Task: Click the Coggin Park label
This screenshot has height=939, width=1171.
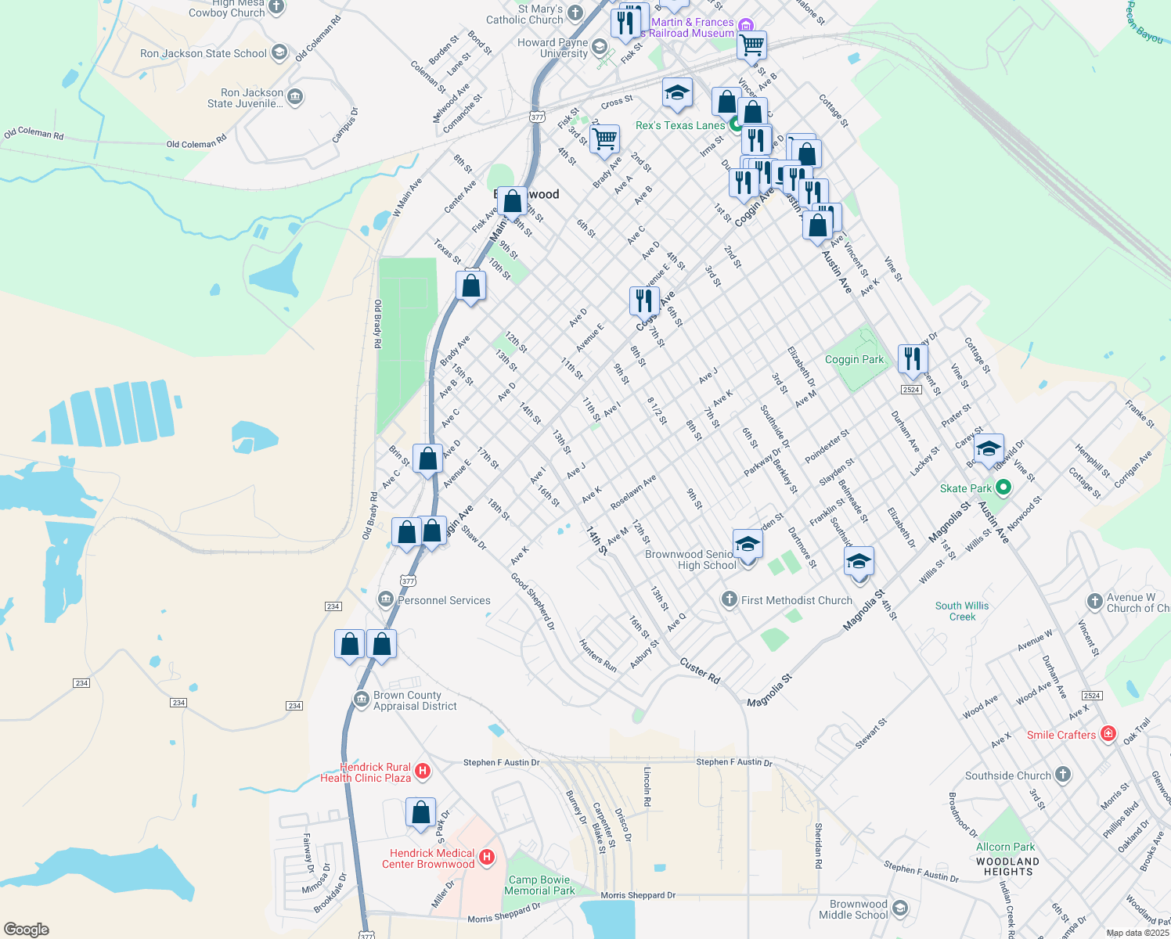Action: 854,360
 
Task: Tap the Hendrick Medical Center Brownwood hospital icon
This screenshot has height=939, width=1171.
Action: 487,858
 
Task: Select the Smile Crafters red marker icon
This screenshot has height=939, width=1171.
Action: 1108,734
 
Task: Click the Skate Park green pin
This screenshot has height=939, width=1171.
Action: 1003,487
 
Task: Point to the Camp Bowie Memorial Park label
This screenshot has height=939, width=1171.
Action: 539,885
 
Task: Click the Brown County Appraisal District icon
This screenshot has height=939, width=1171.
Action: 361,699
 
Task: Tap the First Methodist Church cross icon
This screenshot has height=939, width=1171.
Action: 729,599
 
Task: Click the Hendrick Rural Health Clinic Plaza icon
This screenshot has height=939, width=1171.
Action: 423,772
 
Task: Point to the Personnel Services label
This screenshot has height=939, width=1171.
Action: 444,600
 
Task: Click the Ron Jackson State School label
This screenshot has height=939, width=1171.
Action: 204,53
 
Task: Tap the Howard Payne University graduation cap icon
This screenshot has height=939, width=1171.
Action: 599,47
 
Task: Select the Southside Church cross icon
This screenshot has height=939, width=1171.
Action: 1062,775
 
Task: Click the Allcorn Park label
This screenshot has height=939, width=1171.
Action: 1005,847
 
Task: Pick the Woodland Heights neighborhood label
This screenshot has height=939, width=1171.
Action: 1008,866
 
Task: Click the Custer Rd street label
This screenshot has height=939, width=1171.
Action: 700,671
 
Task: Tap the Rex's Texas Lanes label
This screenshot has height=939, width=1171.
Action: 680,125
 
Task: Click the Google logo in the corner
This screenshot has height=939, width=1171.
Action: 27,930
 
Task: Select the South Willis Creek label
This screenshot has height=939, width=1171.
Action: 962,611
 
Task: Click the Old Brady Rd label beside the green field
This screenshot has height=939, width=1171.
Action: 377,324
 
